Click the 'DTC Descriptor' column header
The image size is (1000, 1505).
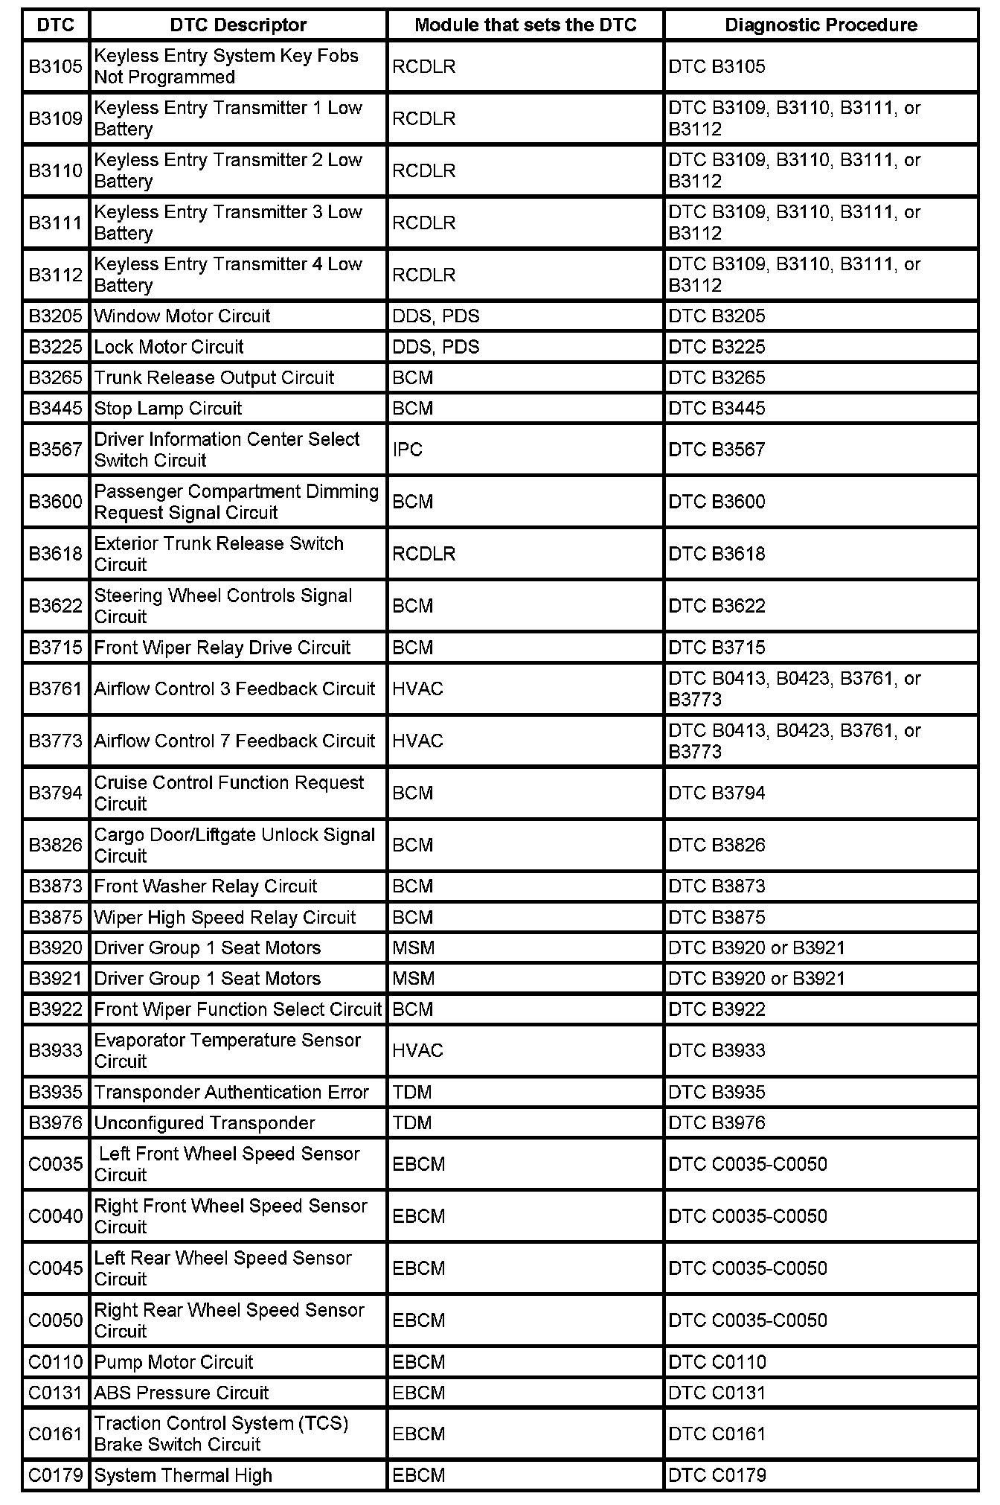(238, 25)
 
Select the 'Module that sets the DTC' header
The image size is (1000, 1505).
(525, 25)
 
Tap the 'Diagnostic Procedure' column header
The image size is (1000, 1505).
(821, 25)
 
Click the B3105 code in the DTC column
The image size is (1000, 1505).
(56, 67)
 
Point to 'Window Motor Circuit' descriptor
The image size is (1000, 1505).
(182, 316)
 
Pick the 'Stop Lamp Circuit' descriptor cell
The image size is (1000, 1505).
(168, 409)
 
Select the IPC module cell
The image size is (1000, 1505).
(408, 450)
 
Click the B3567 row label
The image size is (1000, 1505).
(56, 450)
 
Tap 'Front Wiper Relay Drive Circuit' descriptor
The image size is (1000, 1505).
(222, 648)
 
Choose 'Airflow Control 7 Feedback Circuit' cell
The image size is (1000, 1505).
(234, 741)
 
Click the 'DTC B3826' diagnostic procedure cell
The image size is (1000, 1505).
(717, 846)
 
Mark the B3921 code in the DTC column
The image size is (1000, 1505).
(56, 979)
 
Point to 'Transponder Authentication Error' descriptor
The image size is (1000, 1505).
(231, 1093)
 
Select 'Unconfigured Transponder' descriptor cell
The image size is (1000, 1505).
(205, 1123)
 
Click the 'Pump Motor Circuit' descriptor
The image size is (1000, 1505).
(173, 1363)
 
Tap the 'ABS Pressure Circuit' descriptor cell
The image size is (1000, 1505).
(182, 1393)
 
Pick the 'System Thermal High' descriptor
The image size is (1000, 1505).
(183, 1476)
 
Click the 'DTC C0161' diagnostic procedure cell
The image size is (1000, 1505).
(717, 1434)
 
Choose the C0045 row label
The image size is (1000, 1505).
(56, 1268)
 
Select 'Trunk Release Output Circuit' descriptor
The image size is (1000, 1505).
(214, 378)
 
